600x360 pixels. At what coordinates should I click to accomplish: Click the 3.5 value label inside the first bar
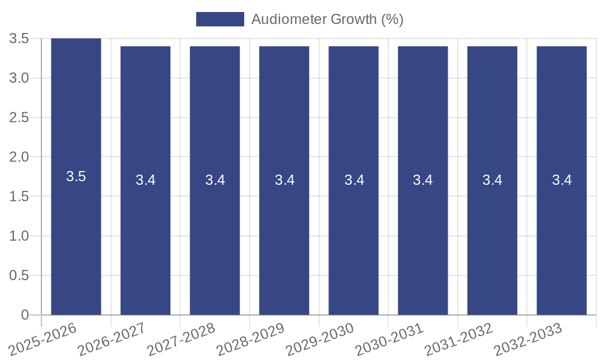pos(76,176)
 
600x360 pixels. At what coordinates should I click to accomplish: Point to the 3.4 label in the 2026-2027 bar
pos(146,180)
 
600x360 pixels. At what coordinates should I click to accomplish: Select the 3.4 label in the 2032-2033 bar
pos(562,180)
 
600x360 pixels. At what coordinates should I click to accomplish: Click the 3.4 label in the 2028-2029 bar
pos(284,180)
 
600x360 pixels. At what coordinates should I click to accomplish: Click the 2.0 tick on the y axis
pos(19,157)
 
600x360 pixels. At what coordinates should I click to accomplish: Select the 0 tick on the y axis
pos(25,315)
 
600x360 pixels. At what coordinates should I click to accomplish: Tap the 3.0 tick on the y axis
pos(19,78)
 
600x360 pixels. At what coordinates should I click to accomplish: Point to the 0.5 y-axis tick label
pos(19,275)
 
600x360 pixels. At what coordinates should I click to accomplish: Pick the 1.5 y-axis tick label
pos(19,197)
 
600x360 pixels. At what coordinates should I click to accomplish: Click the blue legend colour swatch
pos(220,19)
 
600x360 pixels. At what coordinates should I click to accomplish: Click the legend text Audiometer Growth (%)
pos(327,19)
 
